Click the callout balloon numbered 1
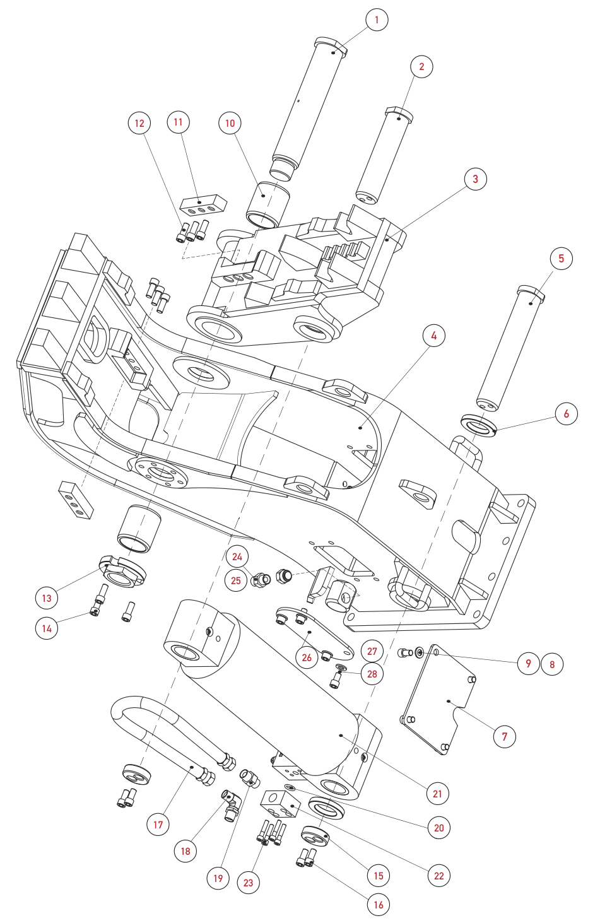coord(377,20)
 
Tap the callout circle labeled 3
coord(475,179)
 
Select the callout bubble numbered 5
coord(561,259)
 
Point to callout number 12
coord(139,123)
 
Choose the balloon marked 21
coord(437,794)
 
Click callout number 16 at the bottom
coord(379,905)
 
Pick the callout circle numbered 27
coord(372,651)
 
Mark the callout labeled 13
coord(47,598)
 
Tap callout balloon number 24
coord(237,556)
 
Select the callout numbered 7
coord(505,736)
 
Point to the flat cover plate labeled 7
coord(439,700)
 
